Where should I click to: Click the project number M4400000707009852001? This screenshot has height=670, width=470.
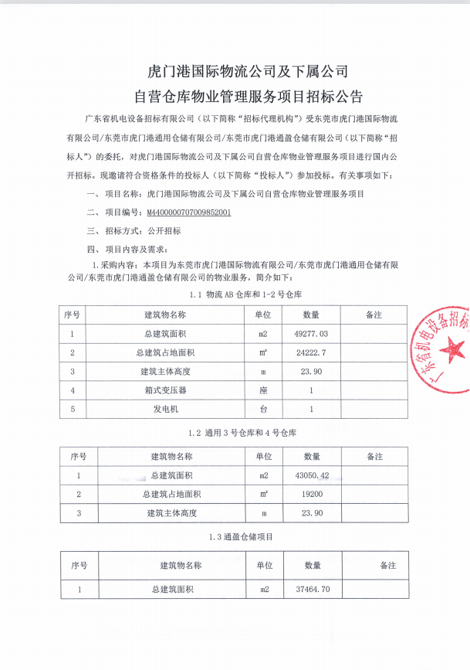point(189,211)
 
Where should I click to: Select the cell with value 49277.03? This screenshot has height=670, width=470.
point(311,334)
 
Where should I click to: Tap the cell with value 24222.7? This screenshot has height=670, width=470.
point(311,352)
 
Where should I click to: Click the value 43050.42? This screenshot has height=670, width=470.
point(312,474)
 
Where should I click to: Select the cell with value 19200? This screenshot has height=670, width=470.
point(312,494)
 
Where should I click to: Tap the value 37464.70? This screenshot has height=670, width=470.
point(312,589)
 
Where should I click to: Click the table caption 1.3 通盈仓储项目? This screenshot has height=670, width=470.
point(240,536)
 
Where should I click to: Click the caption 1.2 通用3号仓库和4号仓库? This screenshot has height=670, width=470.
point(241,431)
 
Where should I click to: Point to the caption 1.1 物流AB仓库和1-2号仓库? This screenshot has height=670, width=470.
point(240,295)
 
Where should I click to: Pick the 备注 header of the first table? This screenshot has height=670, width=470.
point(374,315)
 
